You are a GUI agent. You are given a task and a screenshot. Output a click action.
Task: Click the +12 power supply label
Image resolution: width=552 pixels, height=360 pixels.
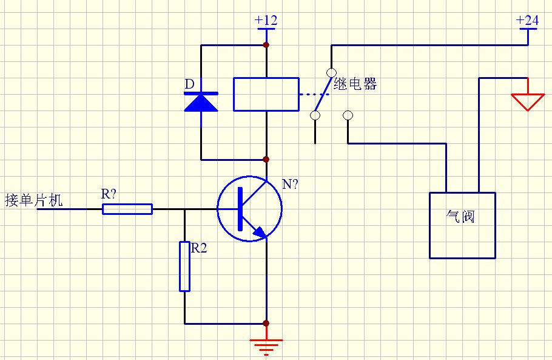pos(266,20)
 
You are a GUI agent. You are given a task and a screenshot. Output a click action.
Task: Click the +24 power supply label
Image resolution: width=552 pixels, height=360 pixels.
pos(527,20)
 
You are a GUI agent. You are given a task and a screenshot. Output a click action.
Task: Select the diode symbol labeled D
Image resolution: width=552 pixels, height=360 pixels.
pos(201,102)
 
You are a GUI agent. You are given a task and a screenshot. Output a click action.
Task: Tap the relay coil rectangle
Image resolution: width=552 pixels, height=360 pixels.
pos(266,94)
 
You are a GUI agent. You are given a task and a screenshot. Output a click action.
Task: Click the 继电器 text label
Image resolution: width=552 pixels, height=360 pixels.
pos(355,84)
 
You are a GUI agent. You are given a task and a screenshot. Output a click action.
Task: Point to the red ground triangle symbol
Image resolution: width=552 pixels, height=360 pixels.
pos(527,101)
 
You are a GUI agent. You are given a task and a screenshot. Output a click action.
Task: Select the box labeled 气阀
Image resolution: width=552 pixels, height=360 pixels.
pos(462,225)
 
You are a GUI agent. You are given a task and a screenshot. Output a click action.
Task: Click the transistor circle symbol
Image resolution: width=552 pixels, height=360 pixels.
pos(249,209)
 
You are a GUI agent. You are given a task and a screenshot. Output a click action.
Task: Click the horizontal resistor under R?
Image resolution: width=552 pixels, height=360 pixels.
pos(127,209)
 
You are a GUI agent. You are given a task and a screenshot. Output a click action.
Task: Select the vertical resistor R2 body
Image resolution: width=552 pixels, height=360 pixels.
pos(184,266)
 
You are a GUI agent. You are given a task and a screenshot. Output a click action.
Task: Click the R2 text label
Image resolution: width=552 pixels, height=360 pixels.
pos(200,248)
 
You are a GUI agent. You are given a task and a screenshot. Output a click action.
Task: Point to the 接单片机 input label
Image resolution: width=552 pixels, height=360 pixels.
pos(33,200)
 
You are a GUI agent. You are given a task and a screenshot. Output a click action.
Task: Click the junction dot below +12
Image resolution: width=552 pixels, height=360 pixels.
pos(266,45)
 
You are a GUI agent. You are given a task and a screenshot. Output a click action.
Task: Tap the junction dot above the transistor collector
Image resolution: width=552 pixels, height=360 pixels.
pos(266,160)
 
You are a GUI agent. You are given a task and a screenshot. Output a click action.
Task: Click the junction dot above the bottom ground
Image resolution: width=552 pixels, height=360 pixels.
pos(266,324)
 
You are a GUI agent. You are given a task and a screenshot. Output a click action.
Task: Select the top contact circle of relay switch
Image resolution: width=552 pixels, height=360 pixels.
pos(331,72)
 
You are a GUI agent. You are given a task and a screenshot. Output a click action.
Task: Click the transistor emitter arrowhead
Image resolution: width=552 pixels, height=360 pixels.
pos(259,233)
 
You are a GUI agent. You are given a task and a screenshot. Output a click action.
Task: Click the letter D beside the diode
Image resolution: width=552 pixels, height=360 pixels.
pos(189,83)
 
